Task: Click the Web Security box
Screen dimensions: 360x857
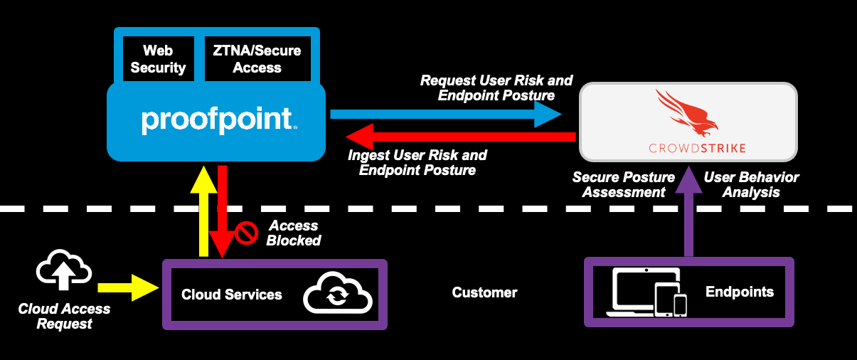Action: pos(158,59)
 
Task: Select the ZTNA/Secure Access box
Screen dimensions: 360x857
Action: pos(257,59)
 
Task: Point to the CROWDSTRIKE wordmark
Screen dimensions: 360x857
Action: pos(687,148)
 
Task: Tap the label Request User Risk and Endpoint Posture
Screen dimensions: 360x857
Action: pos(496,88)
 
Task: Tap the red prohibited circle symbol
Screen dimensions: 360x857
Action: pos(246,233)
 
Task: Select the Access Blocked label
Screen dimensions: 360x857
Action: pos(293,233)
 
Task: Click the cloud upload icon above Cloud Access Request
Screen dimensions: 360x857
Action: pos(64,270)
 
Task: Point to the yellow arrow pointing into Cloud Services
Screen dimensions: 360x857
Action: pos(128,287)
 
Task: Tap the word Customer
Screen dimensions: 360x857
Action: pos(484,292)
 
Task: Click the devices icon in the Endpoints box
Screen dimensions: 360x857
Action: pos(647,292)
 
